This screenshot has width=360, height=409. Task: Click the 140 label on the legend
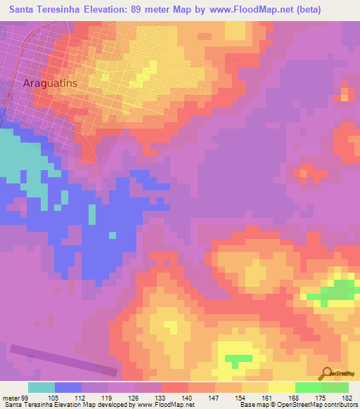click(x=187, y=398)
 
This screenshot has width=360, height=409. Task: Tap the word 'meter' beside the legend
click(x=8, y=398)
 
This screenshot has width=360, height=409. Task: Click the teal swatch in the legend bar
click(x=41, y=387)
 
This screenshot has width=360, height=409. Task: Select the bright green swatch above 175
click(x=308, y=387)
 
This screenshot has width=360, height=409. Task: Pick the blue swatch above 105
click(x=68, y=387)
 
